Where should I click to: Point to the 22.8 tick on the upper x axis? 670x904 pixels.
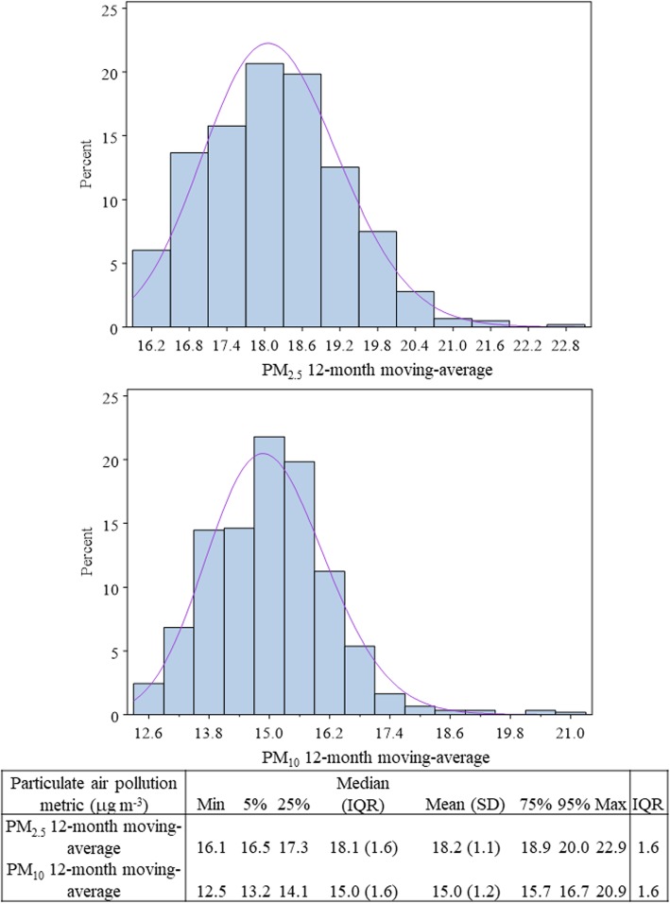tap(565, 346)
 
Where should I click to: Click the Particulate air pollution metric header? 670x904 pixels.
tap(92, 791)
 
